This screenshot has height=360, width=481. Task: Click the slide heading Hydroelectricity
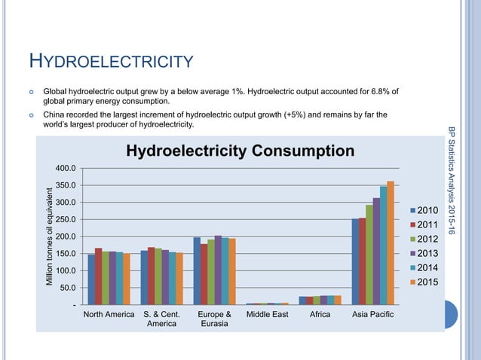[111, 61]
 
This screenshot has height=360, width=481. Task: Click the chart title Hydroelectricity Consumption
[240, 151]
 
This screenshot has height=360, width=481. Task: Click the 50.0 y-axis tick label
[66, 288]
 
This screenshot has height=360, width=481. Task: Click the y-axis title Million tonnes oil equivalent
[50, 235]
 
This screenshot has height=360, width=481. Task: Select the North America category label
[109, 314]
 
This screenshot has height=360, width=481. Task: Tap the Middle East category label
[268, 314]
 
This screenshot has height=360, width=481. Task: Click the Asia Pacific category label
[372, 314]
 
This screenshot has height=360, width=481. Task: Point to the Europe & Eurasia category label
[214, 319]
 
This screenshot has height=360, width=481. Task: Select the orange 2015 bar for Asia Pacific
[391, 243]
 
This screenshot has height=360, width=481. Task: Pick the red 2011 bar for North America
[99, 276]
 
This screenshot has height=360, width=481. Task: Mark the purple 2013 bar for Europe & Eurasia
[218, 270]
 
